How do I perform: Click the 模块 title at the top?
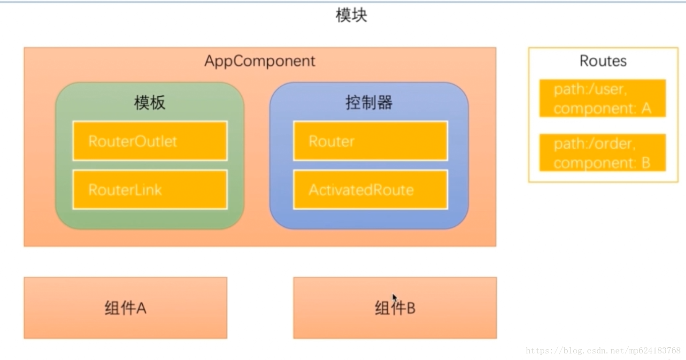351,15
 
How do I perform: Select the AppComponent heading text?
260,61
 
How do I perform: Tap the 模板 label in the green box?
150,103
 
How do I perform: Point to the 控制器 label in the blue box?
369,103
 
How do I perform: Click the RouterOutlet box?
150,141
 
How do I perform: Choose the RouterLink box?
150,190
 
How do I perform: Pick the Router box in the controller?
370,141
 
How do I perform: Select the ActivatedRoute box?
370,190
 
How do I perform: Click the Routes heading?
603,61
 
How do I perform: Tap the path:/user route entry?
602,98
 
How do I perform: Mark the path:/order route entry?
602,153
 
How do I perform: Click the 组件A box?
125,308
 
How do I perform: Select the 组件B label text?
395,308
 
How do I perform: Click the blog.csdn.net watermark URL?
603,351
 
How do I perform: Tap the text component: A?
602,108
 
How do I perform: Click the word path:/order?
594,144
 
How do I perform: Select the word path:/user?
590,89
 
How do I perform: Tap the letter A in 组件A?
140,308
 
